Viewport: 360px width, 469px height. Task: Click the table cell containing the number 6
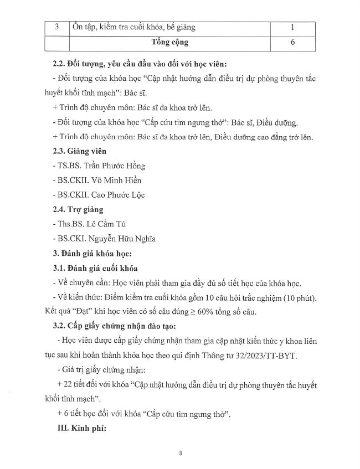(x=292, y=42)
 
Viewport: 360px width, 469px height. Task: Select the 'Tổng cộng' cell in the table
(x=169, y=42)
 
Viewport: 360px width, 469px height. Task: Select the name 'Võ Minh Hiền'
(x=118, y=180)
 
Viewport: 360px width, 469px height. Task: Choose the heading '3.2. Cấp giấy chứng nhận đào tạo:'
(x=113, y=327)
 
